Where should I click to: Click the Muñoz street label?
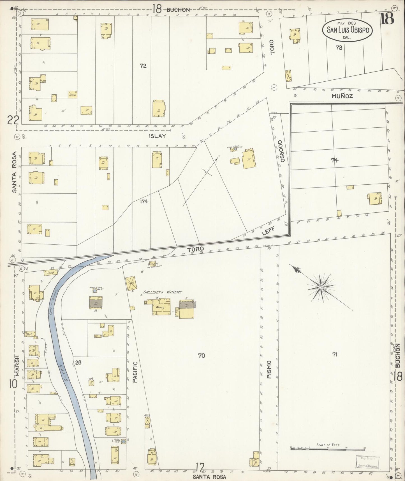coord(342,96)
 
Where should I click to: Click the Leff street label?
coord(269,231)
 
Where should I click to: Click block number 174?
coord(145,201)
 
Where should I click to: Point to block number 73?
coord(339,48)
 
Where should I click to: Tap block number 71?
coord(334,355)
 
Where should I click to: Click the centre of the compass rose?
coord(320,288)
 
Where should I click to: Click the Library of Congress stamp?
coord(367,462)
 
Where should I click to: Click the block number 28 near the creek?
coord(78,363)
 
